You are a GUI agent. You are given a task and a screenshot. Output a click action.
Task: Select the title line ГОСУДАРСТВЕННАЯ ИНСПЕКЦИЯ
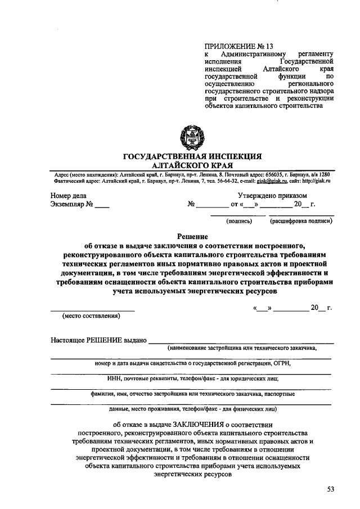(x=192, y=156)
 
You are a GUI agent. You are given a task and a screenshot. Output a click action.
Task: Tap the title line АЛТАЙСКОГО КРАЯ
(x=192, y=165)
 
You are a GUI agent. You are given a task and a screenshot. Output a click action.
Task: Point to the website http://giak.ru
(x=317, y=181)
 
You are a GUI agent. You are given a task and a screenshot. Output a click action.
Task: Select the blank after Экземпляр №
(x=102, y=206)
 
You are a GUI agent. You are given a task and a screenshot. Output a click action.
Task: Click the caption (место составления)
(x=92, y=315)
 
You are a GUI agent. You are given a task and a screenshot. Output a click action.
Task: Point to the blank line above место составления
(x=93, y=309)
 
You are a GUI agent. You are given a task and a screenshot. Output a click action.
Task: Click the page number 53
(x=331, y=490)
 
